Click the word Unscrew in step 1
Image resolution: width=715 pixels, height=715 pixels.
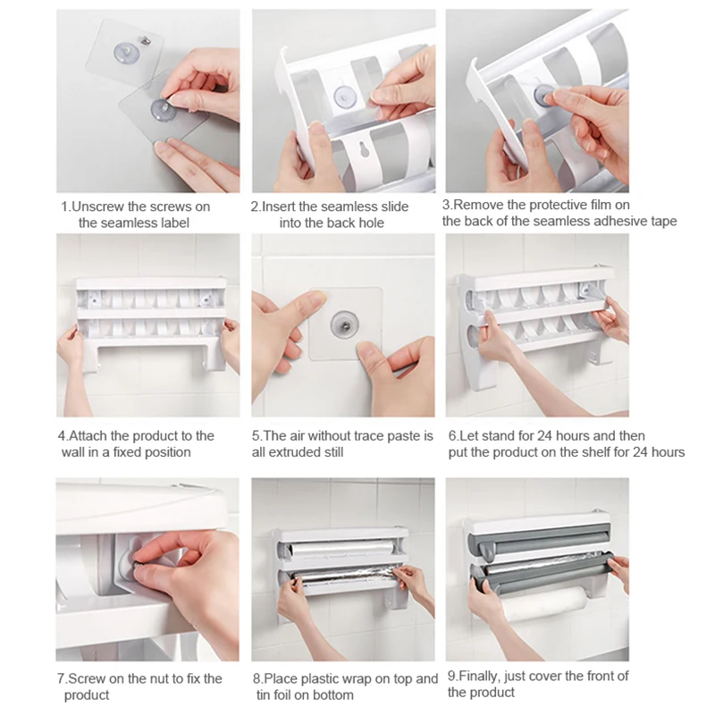coord(98,206)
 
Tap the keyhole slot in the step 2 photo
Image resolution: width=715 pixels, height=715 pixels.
coord(365,149)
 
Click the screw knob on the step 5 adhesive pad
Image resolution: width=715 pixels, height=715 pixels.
coord(344,324)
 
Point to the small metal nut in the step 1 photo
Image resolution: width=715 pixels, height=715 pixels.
coord(147,40)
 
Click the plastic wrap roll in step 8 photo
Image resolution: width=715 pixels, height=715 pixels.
coord(342,549)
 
